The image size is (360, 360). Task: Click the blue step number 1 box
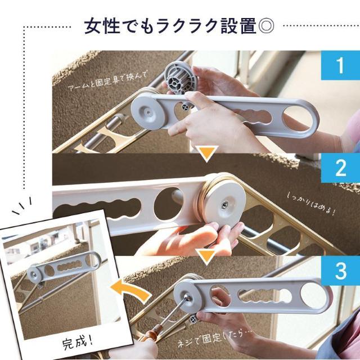tap(340, 65)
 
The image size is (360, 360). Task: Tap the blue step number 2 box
tap(340, 168)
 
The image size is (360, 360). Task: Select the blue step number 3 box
tap(340, 271)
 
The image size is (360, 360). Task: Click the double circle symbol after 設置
tap(266, 25)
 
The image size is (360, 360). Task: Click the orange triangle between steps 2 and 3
tap(206, 257)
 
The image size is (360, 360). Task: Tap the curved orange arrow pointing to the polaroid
tap(131, 291)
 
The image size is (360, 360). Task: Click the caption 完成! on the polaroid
tap(78, 343)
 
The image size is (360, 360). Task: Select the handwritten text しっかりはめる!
tap(311, 205)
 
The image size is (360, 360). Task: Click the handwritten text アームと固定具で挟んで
tap(106, 81)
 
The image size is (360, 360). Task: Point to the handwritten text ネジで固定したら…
tap(215, 339)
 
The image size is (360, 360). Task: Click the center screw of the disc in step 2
tap(224, 205)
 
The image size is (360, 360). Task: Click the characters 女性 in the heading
tap(102, 25)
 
